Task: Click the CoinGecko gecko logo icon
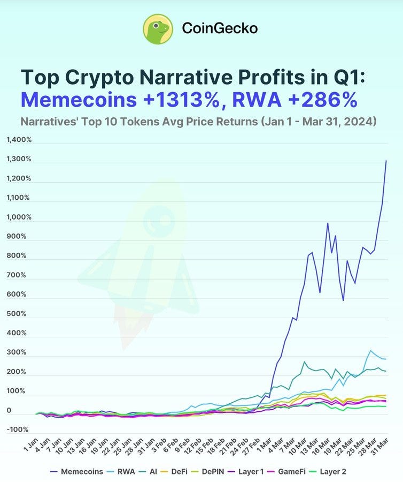coord(158,29)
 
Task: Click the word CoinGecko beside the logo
coord(220,28)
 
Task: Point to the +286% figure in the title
coord(323,100)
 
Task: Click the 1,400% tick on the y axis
coord(19,140)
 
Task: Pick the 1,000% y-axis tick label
coord(19,217)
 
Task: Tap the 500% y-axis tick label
coord(17,314)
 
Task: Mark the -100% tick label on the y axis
coord(17,430)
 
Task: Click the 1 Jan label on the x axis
coord(32,444)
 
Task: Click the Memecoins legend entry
coord(76,471)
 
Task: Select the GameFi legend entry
coord(285,471)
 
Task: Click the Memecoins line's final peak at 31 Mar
coord(386,161)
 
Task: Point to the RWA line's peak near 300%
coord(370,350)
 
